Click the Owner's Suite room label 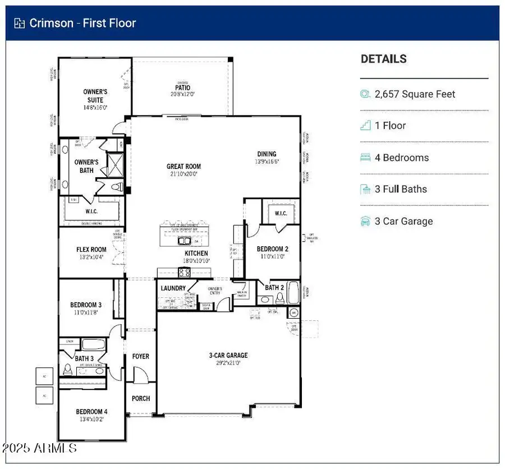click(95, 96)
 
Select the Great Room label click(183, 167)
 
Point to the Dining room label click(267, 154)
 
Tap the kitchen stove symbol click(185, 273)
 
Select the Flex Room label click(91, 250)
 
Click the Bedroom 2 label click(272, 249)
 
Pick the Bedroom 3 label click(86, 305)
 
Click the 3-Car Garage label click(228, 355)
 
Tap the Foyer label click(140, 356)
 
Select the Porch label click(141, 398)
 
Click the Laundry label click(173, 288)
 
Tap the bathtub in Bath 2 click(293, 292)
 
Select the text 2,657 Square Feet click(415, 94)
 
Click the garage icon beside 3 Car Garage click(365, 221)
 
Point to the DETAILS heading click(384, 59)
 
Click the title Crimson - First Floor click(82, 23)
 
